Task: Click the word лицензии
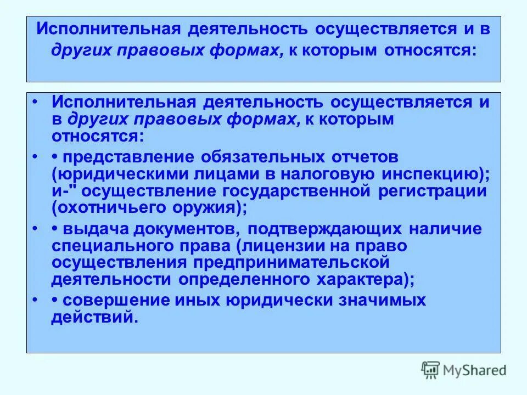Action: (285, 246)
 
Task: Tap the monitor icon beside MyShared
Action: (431, 370)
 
